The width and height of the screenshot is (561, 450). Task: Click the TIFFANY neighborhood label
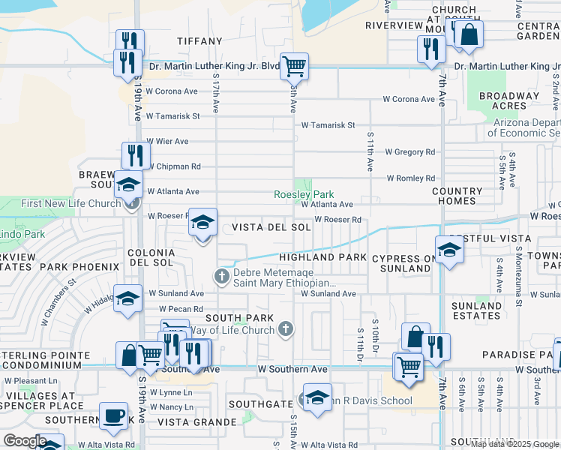[x=199, y=41]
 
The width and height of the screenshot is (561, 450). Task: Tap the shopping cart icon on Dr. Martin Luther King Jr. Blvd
[x=295, y=65]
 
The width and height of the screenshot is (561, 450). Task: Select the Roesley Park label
[x=304, y=193]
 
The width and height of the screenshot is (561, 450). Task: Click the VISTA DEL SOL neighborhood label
[x=271, y=227]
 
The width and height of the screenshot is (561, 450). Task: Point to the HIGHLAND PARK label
[x=322, y=257]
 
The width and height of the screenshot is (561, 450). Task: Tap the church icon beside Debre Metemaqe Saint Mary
[x=222, y=277]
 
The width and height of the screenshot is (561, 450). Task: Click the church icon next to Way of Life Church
[x=285, y=328]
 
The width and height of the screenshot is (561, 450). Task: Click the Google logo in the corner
[x=25, y=441]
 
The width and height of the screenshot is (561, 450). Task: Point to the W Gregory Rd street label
[x=409, y=152]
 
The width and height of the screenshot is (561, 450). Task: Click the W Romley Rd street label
[x=410, y=178]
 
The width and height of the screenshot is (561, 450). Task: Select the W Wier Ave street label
[x=166, y=141]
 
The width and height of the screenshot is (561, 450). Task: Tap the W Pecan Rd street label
[x=180, y=309]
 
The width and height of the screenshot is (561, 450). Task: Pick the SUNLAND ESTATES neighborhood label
[x=477, y=311]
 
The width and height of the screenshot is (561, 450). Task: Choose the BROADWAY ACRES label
[x=509, y=100]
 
